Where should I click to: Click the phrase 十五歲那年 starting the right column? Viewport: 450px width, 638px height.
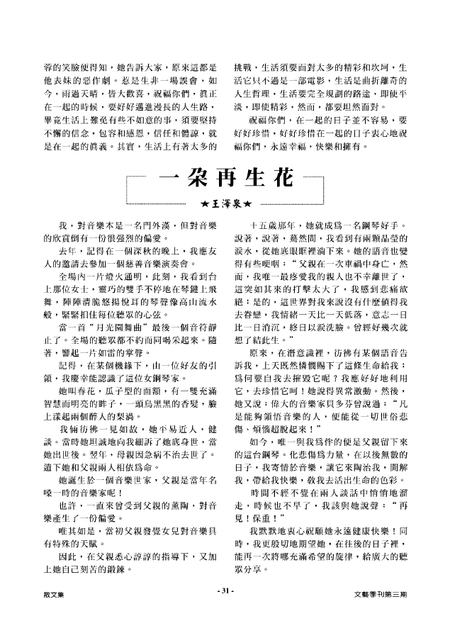pyautogui.click(x=278, y=224)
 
